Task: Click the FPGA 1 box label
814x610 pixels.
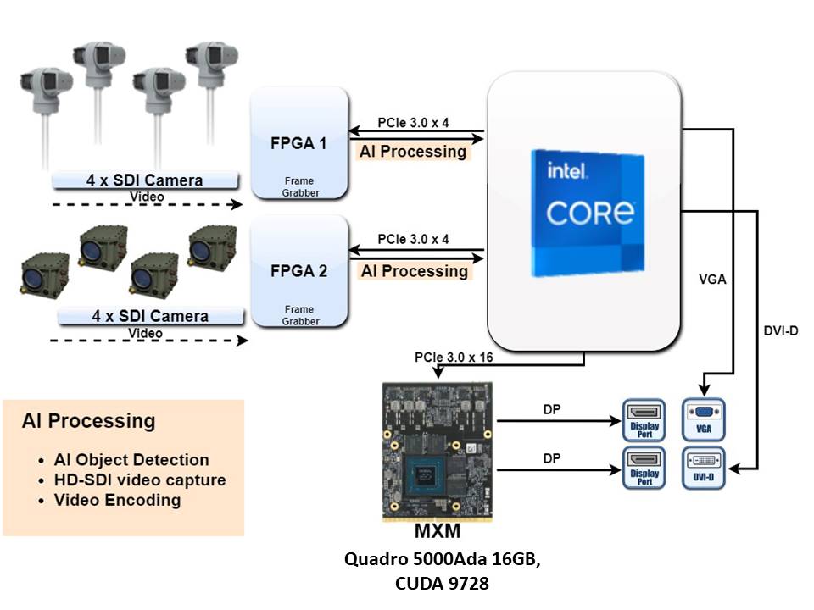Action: click(298, 143)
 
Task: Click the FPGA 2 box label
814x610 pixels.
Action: click(298, 272)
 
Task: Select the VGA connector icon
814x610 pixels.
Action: click(703, 419)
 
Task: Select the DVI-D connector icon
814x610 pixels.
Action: click(703, 468)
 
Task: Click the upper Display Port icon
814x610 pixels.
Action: click(644, 419)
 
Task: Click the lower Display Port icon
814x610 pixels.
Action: click(644, 468)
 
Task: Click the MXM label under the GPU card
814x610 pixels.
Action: click(437, 532)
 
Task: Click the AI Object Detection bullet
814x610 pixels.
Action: click(131, 460)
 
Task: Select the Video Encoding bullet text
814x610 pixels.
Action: click(118, 500)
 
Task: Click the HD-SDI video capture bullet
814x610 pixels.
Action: click(140, 480)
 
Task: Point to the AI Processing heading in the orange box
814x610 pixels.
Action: click(89, 421)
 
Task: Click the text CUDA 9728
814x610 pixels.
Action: click(442, 583)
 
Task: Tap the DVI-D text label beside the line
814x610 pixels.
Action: click(781, 330)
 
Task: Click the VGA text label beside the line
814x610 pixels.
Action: click(712, 279)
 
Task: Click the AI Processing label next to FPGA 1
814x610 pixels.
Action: click(414, 152)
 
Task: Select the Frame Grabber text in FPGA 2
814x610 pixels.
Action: click(300, 316)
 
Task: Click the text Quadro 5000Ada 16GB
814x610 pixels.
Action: click(442, 560)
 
